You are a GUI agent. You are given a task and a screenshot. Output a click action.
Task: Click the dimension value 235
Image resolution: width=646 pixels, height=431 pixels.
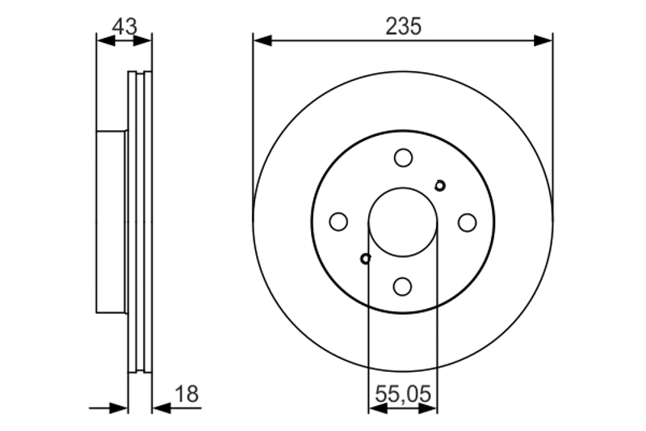point(403,27)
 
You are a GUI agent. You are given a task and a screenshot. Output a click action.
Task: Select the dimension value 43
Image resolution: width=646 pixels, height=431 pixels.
point(124,27)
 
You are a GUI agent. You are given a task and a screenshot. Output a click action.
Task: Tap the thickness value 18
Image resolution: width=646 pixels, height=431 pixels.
point(187,394)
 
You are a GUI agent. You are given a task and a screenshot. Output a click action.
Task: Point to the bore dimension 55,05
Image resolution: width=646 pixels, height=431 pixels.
point(403,394)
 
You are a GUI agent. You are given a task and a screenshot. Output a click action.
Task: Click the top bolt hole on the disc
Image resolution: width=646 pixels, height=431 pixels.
point(403,158)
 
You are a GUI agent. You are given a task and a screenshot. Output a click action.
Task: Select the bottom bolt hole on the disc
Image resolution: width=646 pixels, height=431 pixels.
point(402,286)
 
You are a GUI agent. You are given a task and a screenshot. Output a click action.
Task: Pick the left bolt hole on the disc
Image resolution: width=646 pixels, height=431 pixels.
point(338,222)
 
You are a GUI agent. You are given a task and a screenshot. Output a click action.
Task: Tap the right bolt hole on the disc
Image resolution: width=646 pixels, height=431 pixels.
point(468,222)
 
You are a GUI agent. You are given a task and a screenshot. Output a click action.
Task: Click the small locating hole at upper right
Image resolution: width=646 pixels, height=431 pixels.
point(440,186)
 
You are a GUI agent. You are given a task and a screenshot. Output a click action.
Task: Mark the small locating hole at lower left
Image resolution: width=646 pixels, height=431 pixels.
point(366,259)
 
